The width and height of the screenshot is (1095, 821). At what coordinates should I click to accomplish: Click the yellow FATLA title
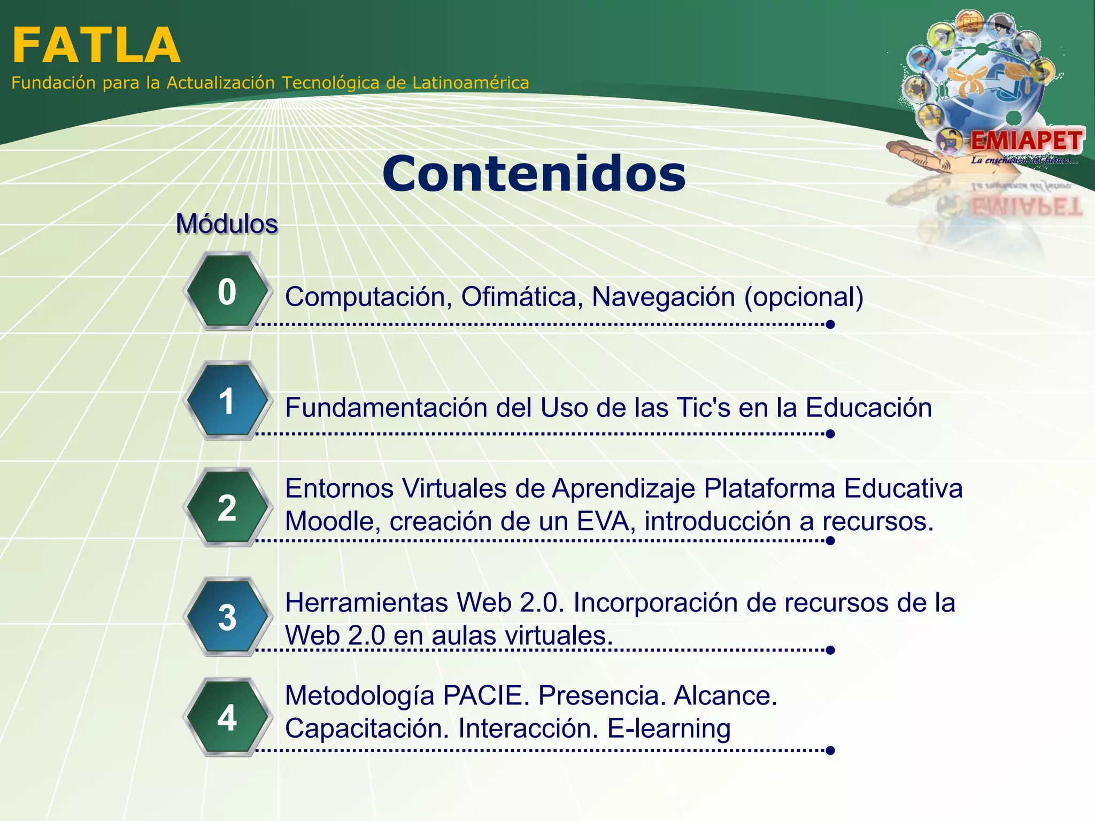(x=96, y=46)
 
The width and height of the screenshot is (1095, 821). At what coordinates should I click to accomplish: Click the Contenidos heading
(x=534, y=174)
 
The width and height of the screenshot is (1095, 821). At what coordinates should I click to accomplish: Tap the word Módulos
(x=227, y=224)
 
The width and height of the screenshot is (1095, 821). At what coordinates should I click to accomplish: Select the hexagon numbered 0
(x=227, y=292)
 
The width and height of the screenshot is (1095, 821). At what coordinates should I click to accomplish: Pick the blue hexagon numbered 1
(x=227, y=401)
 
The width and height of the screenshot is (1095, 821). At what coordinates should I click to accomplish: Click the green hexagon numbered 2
(x=227, y=508)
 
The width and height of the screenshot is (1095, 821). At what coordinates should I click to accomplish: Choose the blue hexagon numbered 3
(x=227, y=617)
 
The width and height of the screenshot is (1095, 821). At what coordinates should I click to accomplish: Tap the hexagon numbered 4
(x=227, y=717)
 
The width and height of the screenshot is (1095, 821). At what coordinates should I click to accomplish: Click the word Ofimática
(x=522, y=297)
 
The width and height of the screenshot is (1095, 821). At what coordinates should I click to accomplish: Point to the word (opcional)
(x=804, y=297)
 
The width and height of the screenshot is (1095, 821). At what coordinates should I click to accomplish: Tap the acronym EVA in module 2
(x=605, y=521)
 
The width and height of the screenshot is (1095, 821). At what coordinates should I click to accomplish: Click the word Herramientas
(x=366, y=603)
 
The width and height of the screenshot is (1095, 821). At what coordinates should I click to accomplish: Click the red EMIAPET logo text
(x=1026, y=141)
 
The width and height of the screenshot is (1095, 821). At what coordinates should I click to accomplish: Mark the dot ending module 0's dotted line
(x=830, y=324)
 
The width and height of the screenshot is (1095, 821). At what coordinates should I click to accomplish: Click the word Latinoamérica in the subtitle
(x=471, y=83)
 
